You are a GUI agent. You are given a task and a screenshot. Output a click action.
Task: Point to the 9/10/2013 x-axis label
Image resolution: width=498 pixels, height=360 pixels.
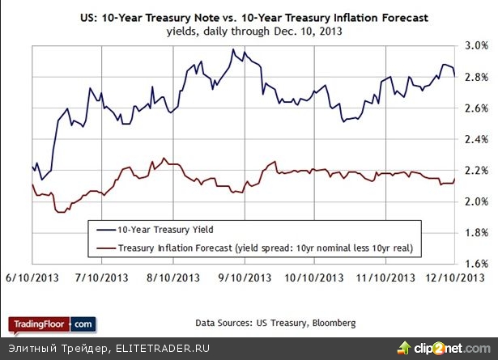coord(245,277)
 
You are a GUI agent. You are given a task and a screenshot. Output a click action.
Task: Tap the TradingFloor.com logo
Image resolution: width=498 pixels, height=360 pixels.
coord(52,324)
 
